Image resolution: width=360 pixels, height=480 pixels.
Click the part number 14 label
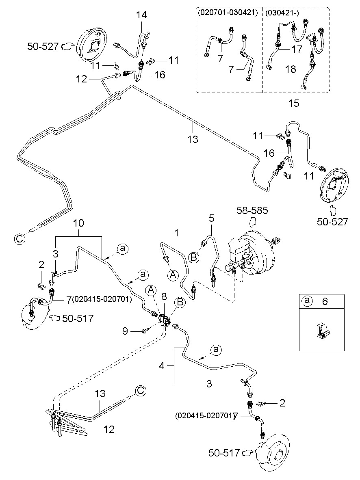point(141,15)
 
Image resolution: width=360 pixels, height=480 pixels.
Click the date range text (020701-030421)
point(228,13)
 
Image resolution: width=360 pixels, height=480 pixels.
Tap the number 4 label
point(162,365)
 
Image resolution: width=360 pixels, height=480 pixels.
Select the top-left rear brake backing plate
point(91,45)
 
